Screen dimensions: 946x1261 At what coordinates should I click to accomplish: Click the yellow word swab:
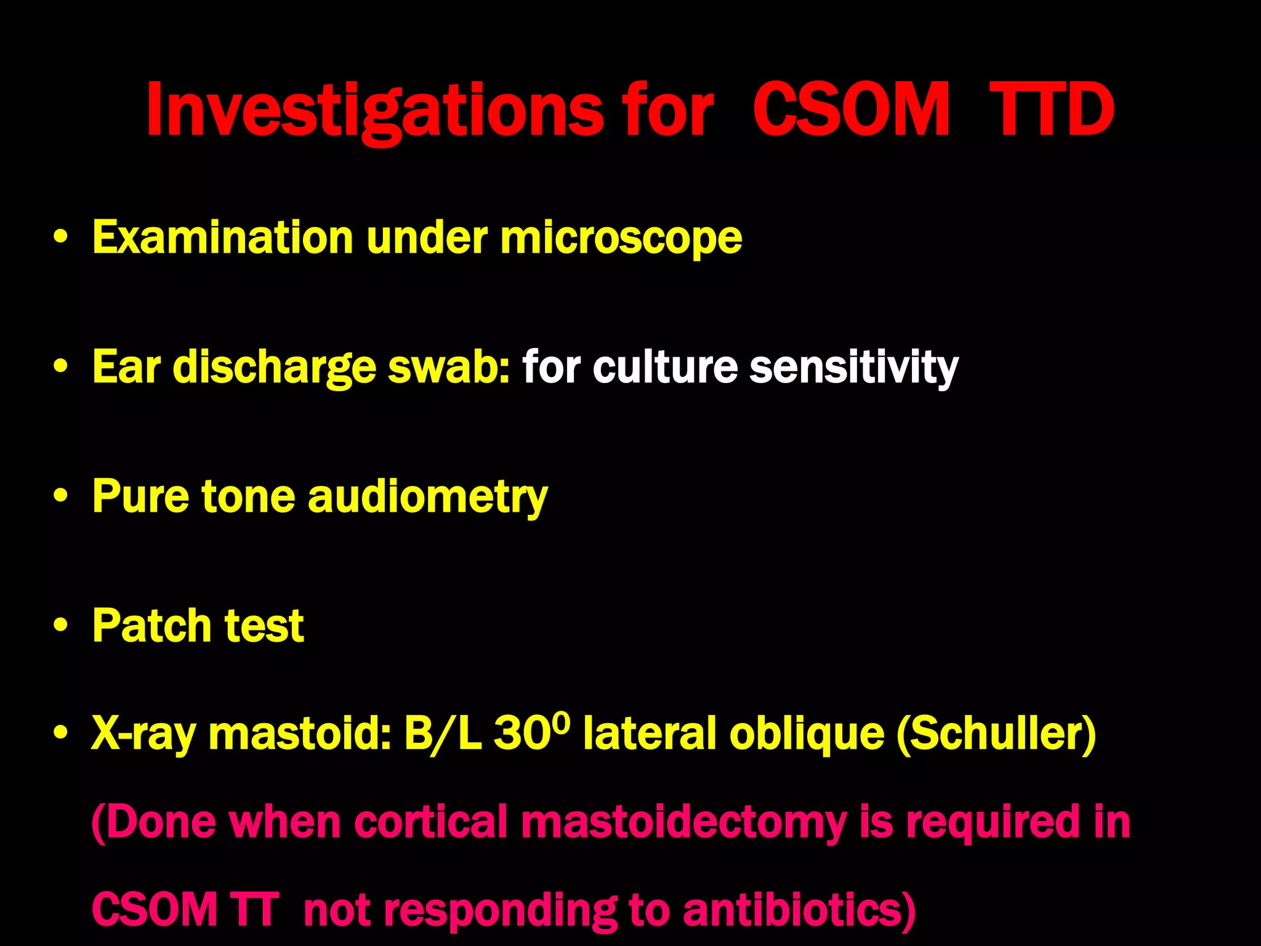448,368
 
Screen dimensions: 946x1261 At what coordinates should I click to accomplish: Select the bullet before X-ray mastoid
60,734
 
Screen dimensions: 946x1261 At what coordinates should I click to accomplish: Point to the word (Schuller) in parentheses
996,734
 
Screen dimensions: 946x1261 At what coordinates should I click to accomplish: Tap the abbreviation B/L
443,734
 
